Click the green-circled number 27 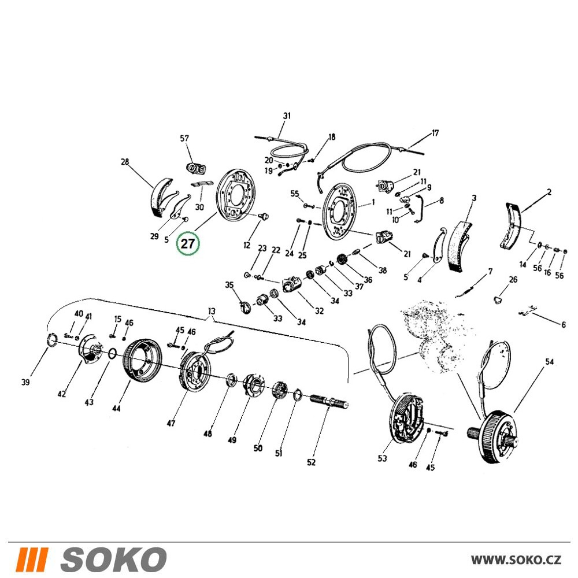(188, 244)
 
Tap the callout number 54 (549, 362)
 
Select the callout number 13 (211, 311)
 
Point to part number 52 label (311, 462)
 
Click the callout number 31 (287, 116)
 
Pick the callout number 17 (435, 133)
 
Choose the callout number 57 (184, 138)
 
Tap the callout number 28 (125, 161)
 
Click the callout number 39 (25, 382)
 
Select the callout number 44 (116, 409)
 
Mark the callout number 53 (382, 458)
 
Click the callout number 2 (549, 192)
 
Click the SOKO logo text (113, 559)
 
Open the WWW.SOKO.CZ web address (516, 560)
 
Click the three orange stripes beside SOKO (32, 559)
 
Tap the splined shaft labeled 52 (329, 401)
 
